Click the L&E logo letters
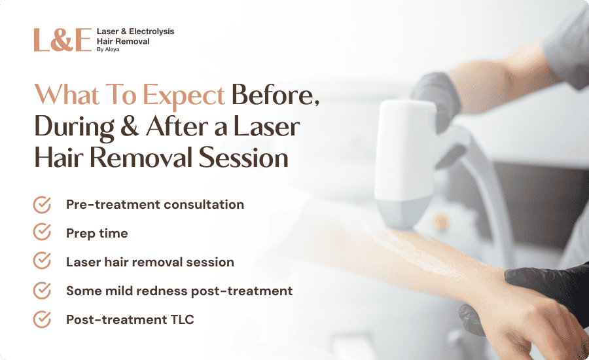(x=63, y=40)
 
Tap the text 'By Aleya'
(x=108, y=50)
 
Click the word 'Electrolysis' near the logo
(x=151, y=31)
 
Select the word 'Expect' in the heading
(x=184, y=95)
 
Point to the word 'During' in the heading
(x=75, y=128)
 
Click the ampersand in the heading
(x=130, y=126)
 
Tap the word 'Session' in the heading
(x=243, y=158)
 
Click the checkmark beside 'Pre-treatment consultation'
(x=42, y=204)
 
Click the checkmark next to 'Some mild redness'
(x=42, y=291)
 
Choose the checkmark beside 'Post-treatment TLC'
(x=42, y=319)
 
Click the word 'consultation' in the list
(x=204, y=204)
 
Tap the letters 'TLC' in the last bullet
(x=182, y=319)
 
